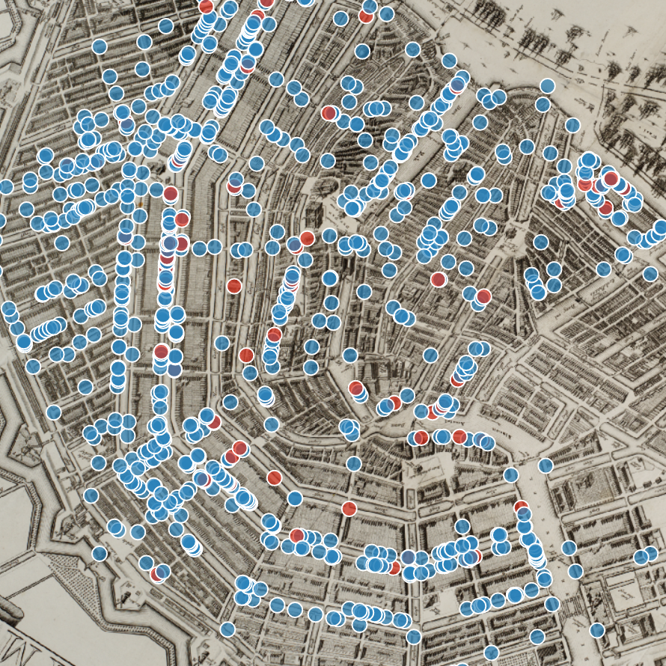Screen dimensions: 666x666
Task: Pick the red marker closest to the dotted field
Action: pyautogui.click(x=157, y=574)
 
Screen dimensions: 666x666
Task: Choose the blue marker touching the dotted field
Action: pyautogui.click(x=100, y=554)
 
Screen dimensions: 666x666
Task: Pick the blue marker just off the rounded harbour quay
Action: pyautogui.click(x=547, y=85)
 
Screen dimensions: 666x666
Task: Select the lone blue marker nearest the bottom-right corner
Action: pyautogui.click(x=596, y=630)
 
